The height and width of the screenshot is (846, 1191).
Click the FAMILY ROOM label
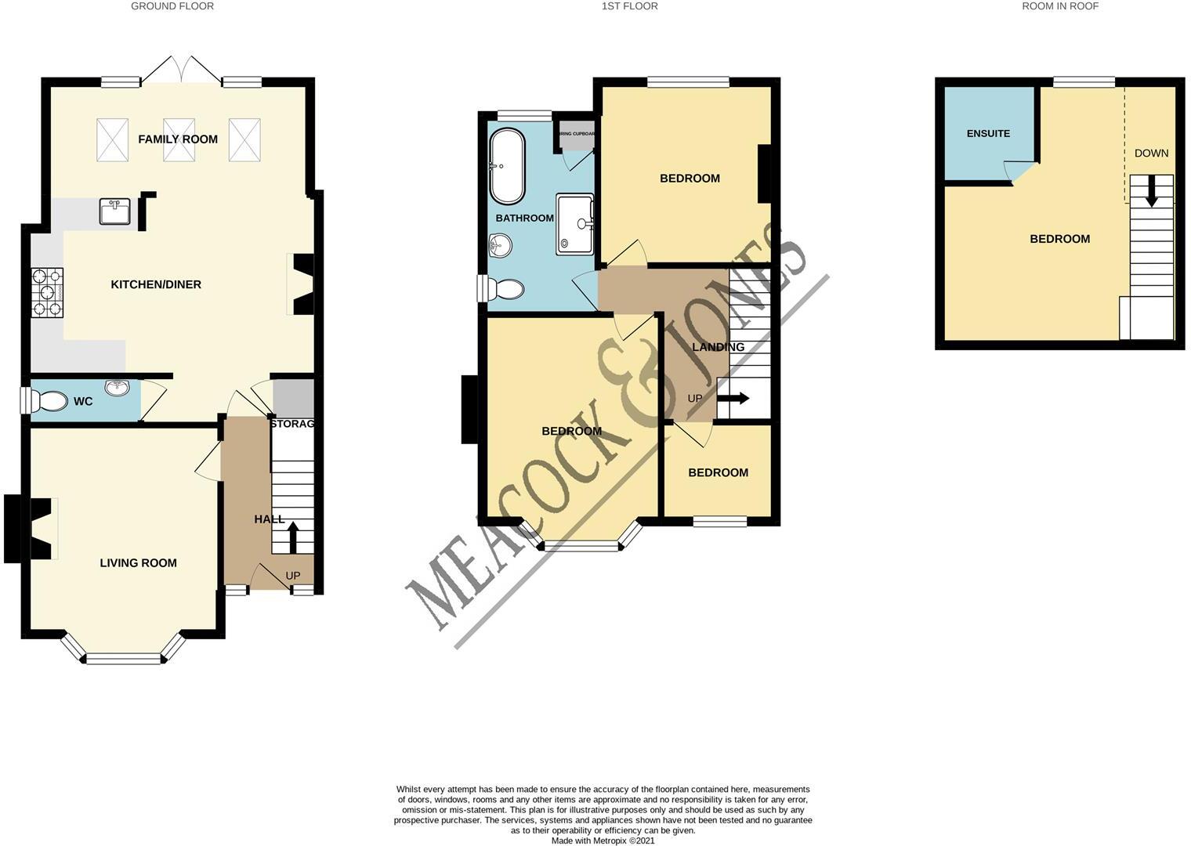178,139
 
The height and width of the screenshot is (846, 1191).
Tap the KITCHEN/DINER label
156,284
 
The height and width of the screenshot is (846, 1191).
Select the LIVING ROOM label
138,562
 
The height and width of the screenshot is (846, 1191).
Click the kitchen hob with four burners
47,292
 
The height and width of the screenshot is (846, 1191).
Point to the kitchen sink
116,211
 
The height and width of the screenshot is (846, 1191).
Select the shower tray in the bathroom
575,224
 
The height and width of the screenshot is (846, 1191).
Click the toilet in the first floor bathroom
506,289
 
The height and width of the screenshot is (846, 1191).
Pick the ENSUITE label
988,134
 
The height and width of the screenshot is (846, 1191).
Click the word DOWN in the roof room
1151,154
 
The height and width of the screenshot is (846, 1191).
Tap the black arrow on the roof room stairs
1151,193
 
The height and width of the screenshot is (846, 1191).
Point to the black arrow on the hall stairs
294,537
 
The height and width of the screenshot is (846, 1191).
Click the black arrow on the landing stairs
735,399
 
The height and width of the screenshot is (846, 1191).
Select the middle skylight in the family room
179,139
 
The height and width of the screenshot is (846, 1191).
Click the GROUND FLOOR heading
172,6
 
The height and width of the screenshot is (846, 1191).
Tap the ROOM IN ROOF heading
1060,6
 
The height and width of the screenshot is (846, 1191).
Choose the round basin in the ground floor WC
117,387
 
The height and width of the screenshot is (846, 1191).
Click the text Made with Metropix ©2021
603,841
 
